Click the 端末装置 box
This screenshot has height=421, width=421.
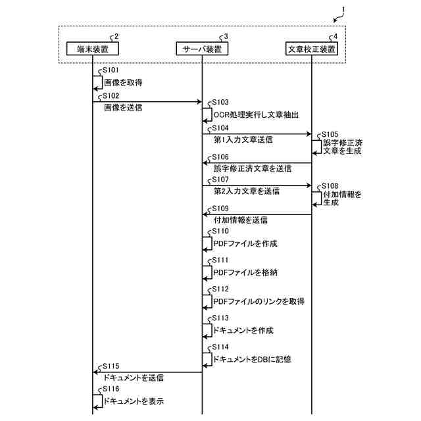(x=92, y=49)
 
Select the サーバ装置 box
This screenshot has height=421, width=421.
(x=202, y=49)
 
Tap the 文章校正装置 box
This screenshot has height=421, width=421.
(x=312, y=49)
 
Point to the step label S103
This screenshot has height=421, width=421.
(x=220, y=103)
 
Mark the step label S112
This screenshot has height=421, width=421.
(x=220, y=289)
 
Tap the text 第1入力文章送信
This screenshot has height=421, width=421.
(x=243, y=140)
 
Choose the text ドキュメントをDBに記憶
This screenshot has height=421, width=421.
(x=252, y=360)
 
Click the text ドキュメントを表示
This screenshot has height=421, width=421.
(x=134, y=401)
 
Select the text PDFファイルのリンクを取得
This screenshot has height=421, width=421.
(x=259, y=301)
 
